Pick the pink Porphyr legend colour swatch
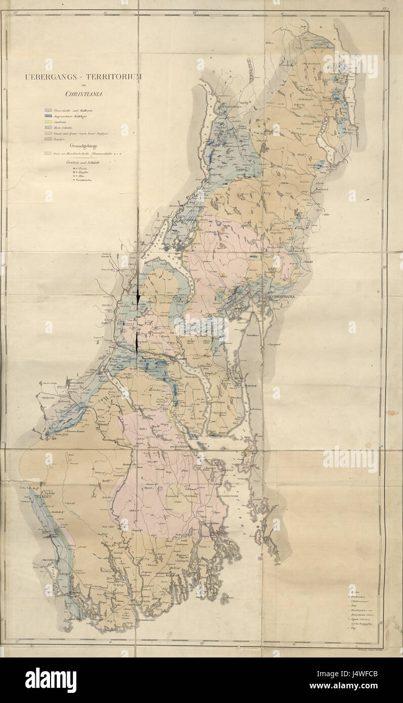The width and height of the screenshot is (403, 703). (x=48, y=138)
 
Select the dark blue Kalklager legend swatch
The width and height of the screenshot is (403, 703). (x=48, y=116)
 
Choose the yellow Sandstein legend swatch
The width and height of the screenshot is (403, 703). (x=48, y=121)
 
